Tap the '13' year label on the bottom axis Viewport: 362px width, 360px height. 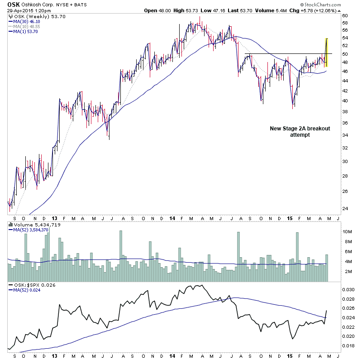click(x=54, y=356)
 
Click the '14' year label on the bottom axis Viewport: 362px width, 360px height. click(x=172, y=356)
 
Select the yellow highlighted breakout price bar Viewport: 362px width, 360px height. click(x=327, y=53)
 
